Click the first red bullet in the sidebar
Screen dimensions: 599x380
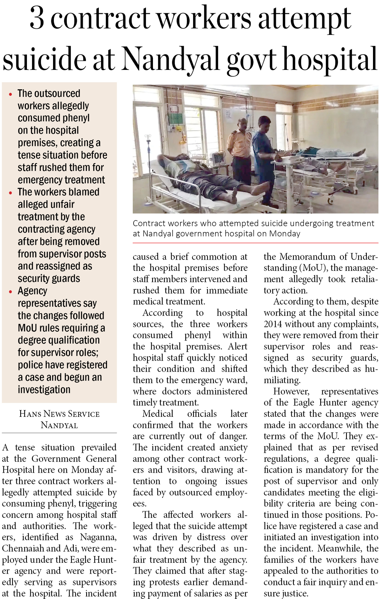coord(10,94)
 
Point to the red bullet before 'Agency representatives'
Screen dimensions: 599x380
coord(10,292)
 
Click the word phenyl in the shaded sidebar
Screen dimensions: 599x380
coord(76,118)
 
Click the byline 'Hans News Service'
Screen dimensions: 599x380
coord(59,414)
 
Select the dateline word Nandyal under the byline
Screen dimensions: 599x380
coord(59,425)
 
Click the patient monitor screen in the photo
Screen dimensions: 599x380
coord(217,159)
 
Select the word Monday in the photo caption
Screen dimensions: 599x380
coord(285,234)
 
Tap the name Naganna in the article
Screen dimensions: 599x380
coord(98,537)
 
